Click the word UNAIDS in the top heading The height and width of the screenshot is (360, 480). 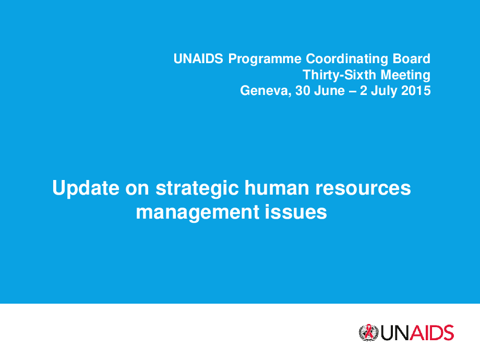(x=198, y=58)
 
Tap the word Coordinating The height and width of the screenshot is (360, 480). (x=347, y=59)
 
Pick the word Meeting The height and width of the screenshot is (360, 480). (x=405, y=75)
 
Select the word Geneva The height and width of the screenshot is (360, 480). (x=266, y=91)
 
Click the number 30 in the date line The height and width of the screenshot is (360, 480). (x=302, y=91)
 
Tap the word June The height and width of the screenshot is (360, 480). (x=329, y=91)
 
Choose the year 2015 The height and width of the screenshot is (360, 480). (x=416, y=91)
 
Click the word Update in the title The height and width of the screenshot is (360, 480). (x=86, y=188)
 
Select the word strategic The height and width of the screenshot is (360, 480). (x=197, y=189)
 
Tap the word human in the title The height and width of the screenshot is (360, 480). (x=277, y=188)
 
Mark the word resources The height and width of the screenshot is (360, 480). (x=363, y=189)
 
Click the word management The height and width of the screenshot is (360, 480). (x=198, y=213)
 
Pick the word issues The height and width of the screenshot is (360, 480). (x=296, y=212)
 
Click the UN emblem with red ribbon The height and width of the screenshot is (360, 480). (x=368, y=333)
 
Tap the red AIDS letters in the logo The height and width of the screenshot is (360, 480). (x=431, y=333)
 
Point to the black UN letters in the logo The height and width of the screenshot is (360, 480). (x=395, y=333)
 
